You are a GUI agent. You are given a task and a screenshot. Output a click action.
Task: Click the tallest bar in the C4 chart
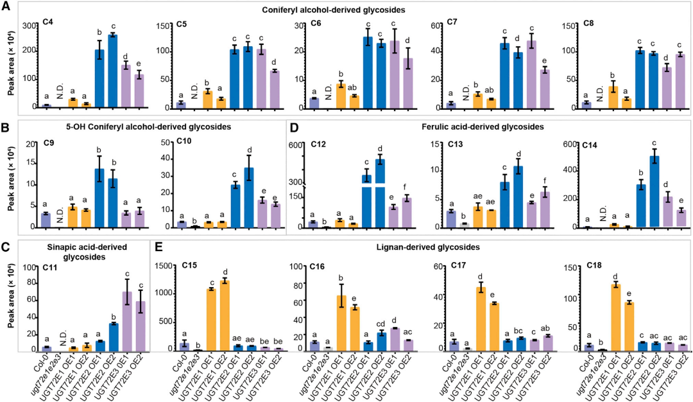[x=113, y=71]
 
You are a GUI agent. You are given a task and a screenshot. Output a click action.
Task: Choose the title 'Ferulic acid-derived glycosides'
[x=488, y=127]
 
